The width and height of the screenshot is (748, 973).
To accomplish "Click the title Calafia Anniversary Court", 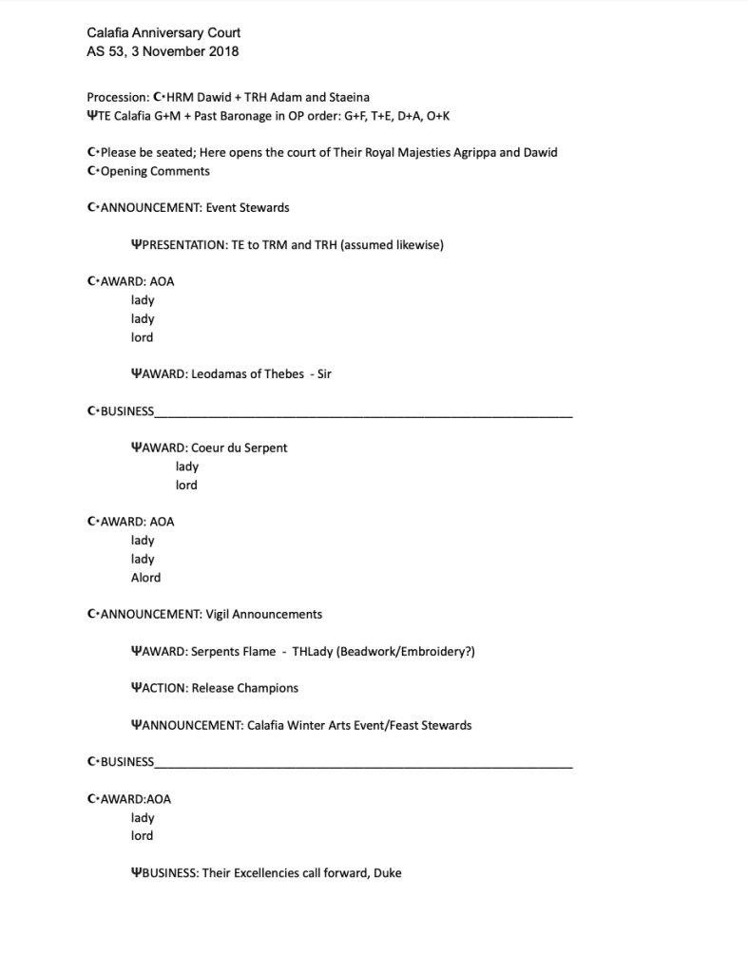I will [163, 33].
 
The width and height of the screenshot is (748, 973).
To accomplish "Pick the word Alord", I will [145, 578].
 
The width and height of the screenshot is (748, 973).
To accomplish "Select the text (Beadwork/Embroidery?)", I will [406, 652].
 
